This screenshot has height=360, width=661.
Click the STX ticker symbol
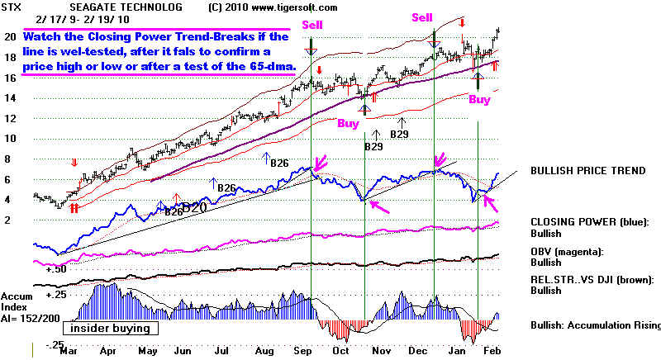coord(12,7)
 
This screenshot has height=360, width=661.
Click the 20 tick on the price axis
coord(10,37)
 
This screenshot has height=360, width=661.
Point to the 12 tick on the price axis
coord(10,118)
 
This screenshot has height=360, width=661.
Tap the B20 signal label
coord(195,208)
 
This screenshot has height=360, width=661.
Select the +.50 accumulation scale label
coord(56,269)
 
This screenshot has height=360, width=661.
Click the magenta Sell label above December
coord(422,17)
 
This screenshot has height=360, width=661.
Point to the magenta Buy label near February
coord(479,99)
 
